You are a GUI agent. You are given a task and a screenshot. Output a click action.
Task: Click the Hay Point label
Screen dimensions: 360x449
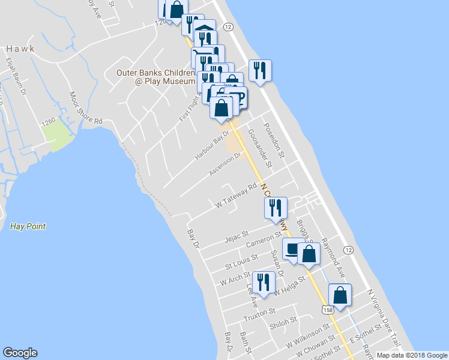coord(28,226)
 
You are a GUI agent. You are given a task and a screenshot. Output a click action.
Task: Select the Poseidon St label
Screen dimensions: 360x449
coord(279,144)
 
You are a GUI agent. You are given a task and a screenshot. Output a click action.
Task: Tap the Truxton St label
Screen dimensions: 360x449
coord(259,312)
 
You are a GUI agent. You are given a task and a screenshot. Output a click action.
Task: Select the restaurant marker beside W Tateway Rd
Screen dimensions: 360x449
coord(276,208)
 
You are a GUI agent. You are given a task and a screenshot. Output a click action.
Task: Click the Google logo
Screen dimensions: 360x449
coord(20,353)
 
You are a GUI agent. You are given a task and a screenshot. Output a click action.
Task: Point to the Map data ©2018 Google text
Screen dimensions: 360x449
coord(411,355)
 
